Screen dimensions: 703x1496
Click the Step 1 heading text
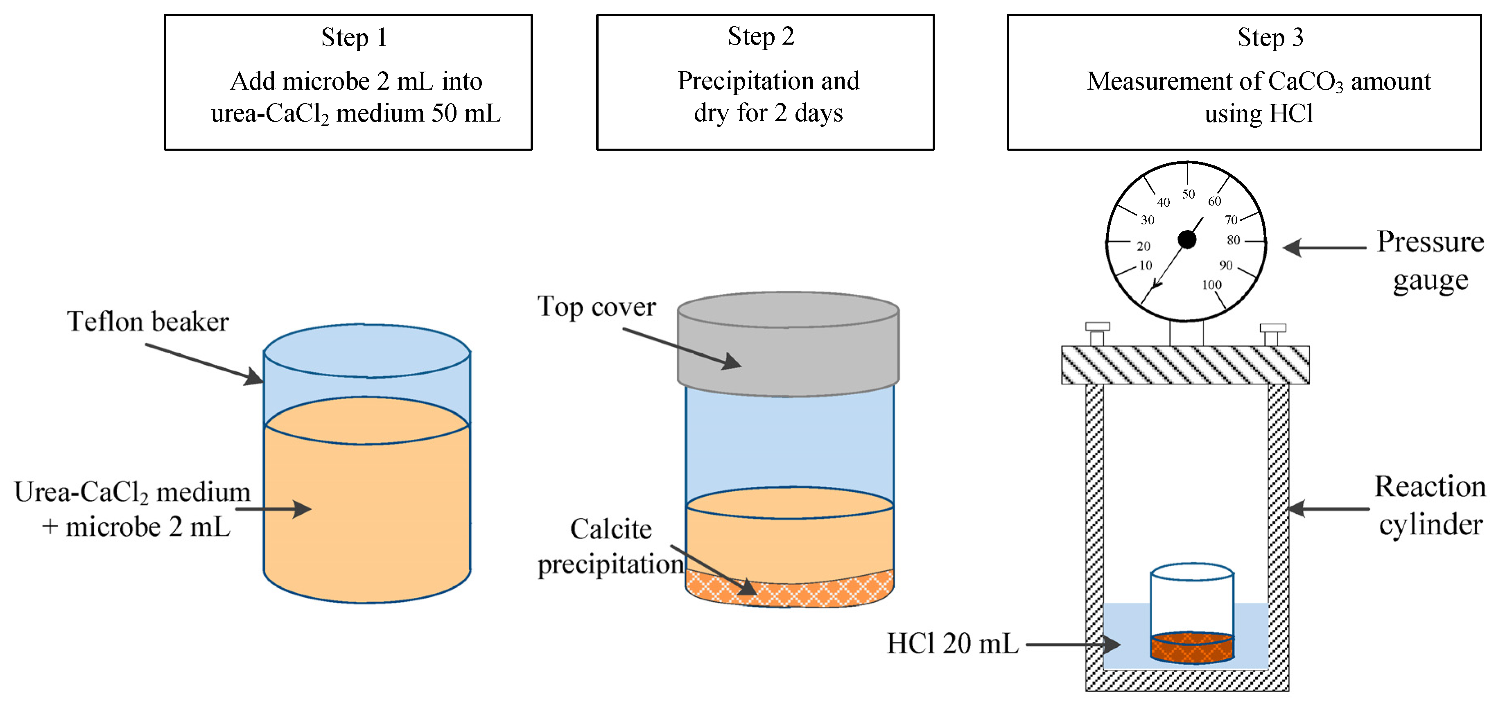pos(354,38)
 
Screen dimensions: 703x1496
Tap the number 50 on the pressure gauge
pos(1188,194)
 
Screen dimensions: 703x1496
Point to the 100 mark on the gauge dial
pos(1211,285)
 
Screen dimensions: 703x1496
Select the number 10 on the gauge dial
pos(1145,265)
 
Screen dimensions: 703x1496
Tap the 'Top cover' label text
pos(597,306)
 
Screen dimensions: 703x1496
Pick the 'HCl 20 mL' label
pos(952,643)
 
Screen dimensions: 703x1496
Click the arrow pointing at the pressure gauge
pos(1324,247)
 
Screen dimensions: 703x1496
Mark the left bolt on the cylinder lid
pos(1097,334)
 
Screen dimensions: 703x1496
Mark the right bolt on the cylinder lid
pos(1272,335)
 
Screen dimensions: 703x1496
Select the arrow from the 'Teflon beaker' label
pos(203,364)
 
